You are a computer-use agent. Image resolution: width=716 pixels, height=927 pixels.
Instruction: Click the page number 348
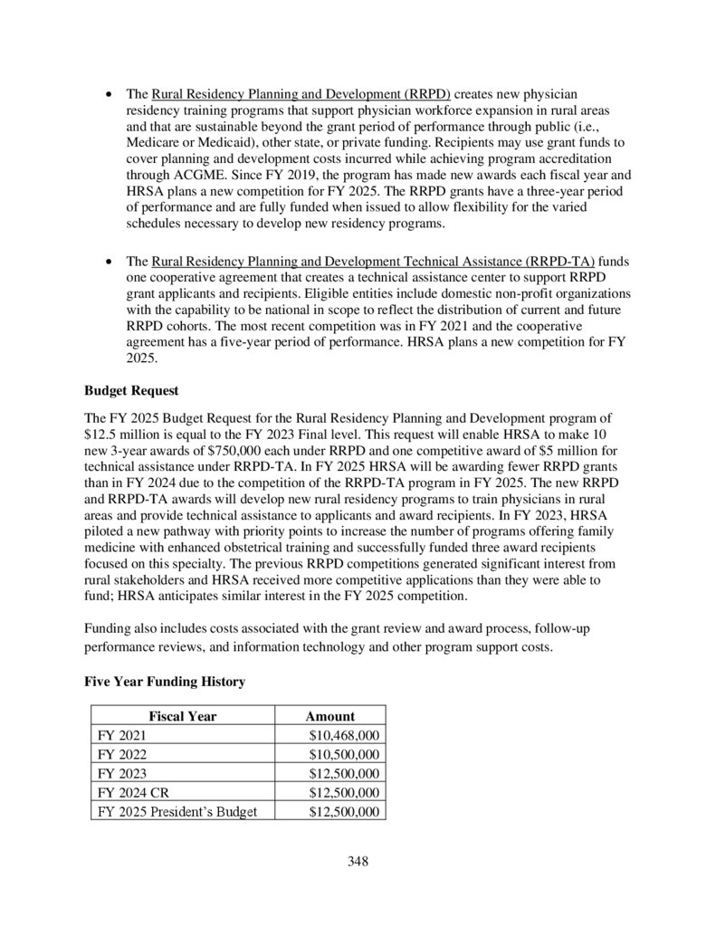358,861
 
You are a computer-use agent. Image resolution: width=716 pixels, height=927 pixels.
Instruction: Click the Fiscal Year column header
183,716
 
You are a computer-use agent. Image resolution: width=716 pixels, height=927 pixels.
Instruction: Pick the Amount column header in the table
329,716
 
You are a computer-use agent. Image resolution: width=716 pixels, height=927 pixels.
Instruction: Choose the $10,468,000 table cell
344,735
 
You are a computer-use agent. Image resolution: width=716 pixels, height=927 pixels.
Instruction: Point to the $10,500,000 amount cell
344,754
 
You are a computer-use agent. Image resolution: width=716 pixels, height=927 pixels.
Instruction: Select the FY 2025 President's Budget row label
177,811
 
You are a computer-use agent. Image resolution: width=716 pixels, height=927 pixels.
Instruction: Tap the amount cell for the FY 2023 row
344,773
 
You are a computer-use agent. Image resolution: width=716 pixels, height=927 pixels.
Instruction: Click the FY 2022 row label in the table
121,754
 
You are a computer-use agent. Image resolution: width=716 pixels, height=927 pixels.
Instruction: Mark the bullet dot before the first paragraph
110,94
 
